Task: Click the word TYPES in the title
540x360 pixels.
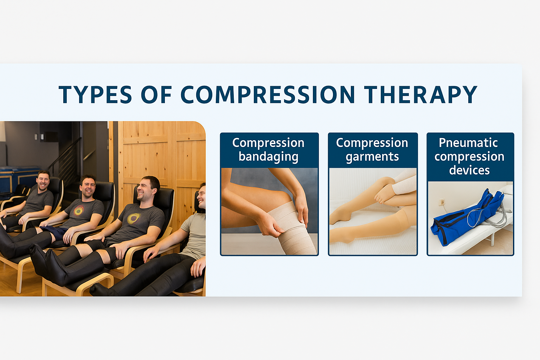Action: click(96, 94)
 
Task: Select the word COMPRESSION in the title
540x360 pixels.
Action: click(268, 94)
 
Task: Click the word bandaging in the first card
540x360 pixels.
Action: click(269, 157)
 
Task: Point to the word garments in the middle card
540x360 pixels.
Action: click(372, 157)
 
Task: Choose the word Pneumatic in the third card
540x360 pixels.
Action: click(468, 142)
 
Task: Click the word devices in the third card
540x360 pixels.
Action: click(469, 170)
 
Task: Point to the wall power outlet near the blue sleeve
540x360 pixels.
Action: click(442, 202)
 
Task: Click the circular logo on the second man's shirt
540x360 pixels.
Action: click(78, 211)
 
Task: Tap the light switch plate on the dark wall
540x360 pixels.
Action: click(39, 137)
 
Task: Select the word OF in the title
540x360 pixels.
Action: click(156, 94)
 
